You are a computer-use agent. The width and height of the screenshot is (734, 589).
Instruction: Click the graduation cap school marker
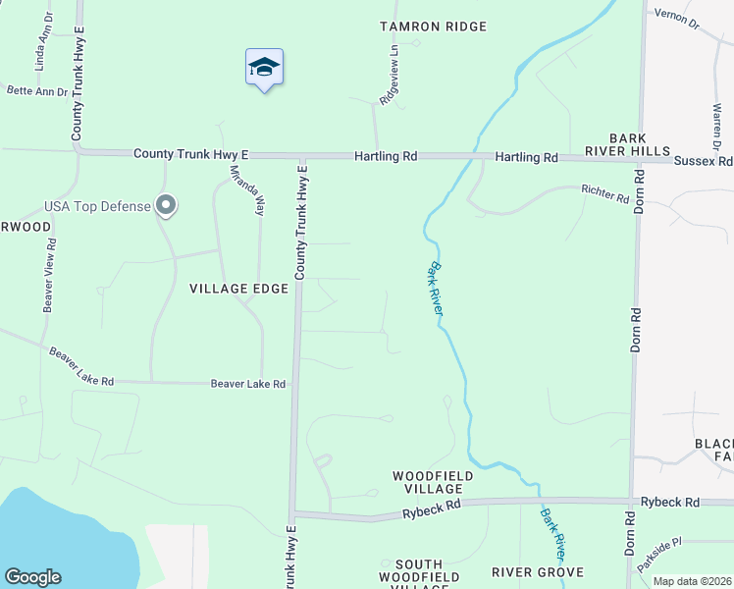point(264,68)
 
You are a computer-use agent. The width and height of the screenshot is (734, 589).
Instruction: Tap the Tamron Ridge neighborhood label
point(421,27)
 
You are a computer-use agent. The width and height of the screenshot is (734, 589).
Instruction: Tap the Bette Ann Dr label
point(37,91)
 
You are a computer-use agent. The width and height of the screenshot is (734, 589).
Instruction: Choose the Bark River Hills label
point(640,144)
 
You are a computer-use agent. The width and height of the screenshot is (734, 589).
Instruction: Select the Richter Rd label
point(604,193)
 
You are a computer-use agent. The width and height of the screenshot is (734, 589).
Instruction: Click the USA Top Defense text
point(97,207)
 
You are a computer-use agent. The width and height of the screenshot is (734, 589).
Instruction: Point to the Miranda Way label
point(247,189)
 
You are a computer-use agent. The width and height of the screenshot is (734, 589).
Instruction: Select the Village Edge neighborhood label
point(239,289)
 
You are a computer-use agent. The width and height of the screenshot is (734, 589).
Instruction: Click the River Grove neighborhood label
point(538,572)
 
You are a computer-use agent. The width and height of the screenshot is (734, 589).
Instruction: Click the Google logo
point(32,577)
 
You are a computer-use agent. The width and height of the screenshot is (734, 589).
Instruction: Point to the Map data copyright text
point(692,581)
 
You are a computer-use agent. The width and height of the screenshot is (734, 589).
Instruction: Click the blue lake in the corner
point(49,535)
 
